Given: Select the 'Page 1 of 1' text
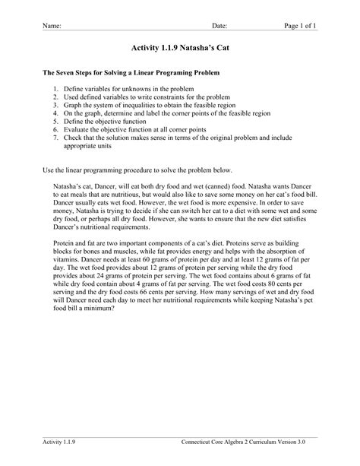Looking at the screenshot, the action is (x=300, y=26).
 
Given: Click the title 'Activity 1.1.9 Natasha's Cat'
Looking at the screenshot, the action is (x=179, y=47).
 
